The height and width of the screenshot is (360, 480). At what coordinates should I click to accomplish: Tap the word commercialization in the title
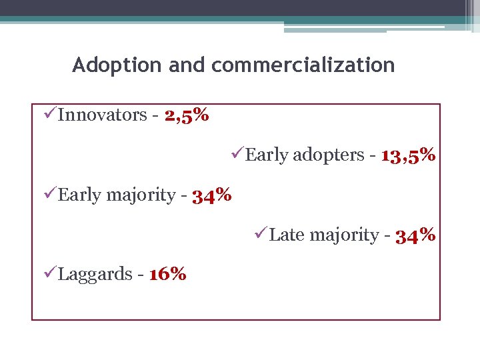[303, 65]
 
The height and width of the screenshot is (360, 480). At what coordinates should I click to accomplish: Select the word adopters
[328, 155]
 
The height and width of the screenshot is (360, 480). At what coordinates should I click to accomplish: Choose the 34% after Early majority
[211, 195]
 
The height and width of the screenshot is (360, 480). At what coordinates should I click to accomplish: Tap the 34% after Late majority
[415, 235]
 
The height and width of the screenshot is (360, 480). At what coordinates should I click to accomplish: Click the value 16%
[167, 274]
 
